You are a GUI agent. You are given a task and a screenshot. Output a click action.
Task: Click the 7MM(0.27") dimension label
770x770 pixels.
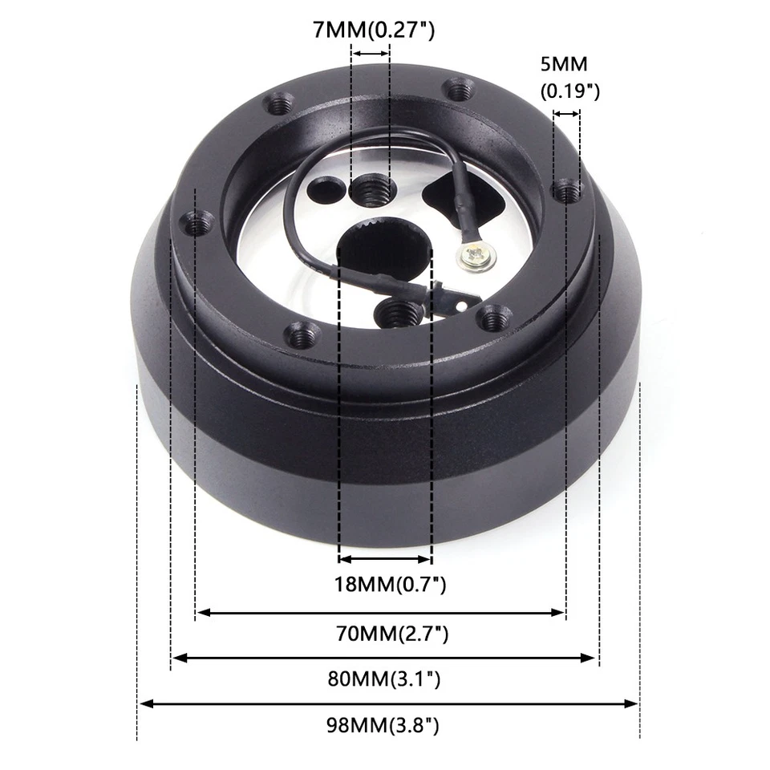374,31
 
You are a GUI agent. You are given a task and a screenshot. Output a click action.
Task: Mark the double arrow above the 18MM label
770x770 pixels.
385,559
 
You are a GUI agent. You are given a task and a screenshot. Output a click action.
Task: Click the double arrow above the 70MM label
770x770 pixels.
381,613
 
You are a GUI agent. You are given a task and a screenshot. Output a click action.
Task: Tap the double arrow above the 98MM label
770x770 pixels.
389,704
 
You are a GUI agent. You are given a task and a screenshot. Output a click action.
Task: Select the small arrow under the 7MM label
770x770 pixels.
371,54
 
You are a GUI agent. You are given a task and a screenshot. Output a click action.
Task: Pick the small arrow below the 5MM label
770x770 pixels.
566,114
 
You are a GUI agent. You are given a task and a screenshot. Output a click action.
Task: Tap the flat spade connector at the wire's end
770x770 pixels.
458,302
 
